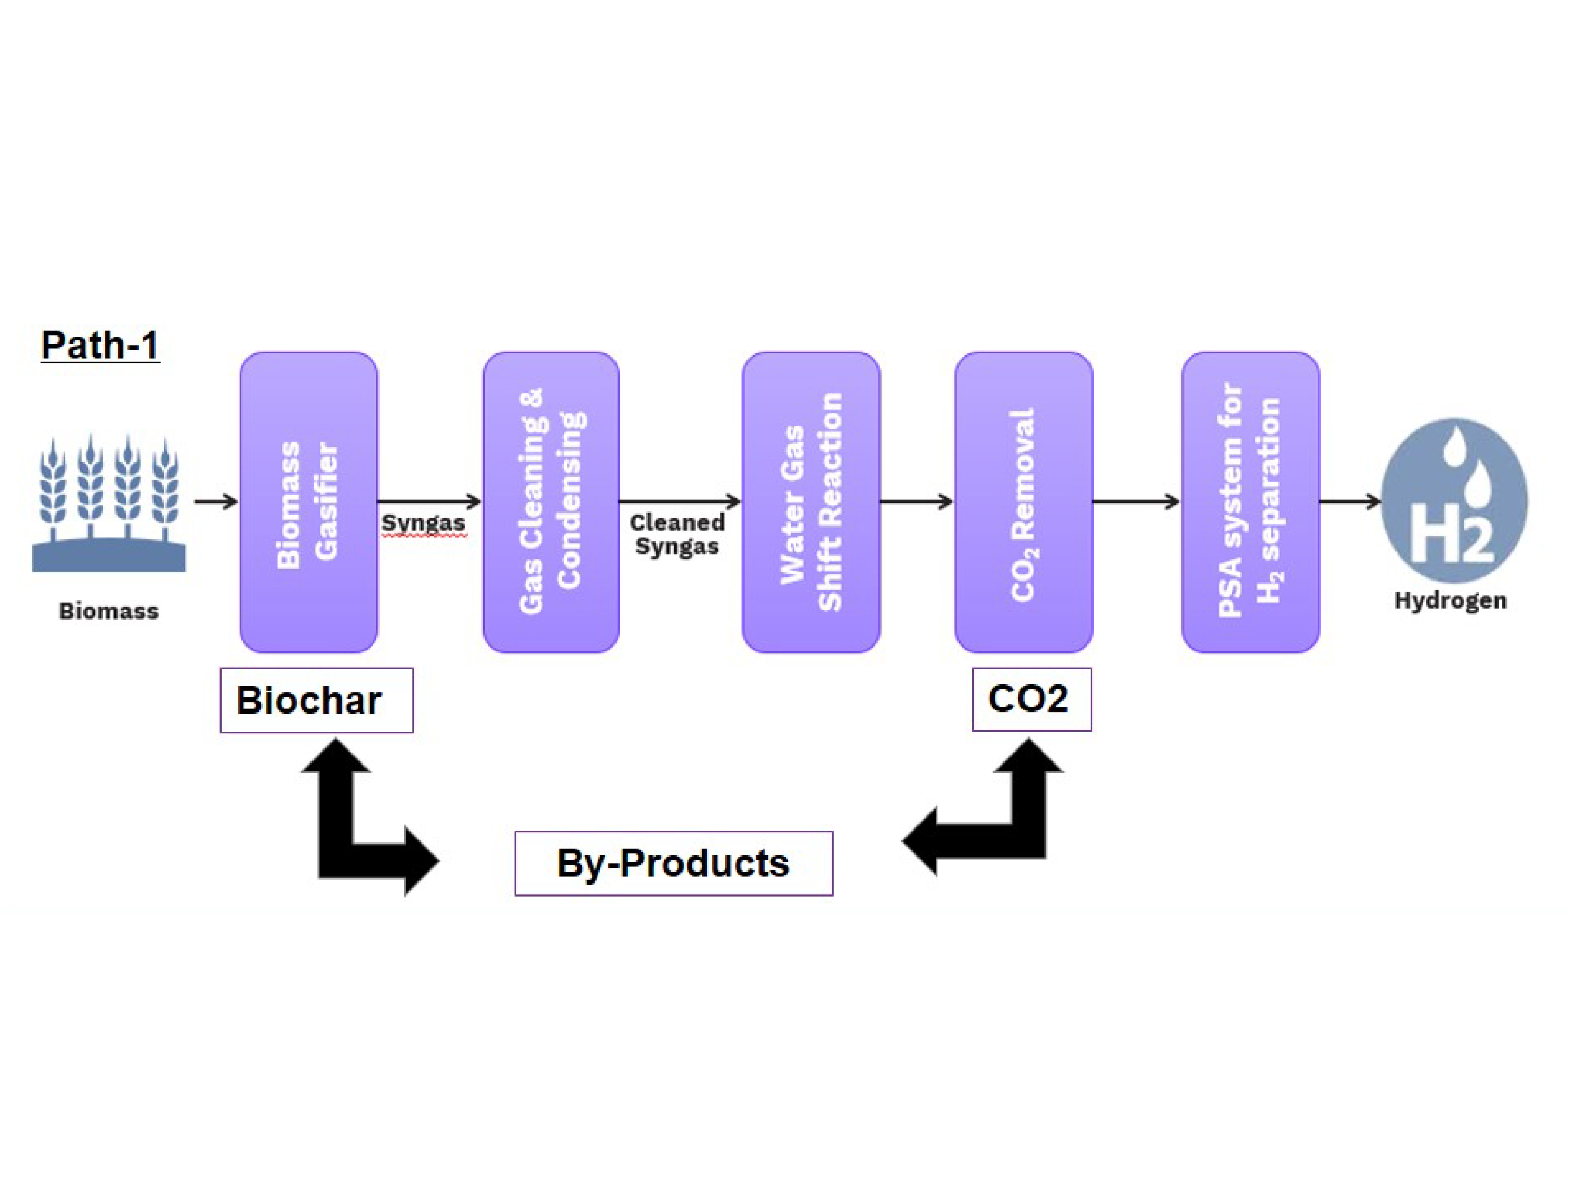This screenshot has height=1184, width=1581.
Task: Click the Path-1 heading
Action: pyautogui.click(x=100, y=345)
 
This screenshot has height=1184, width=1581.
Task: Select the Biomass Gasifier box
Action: pyautogui.click(x=309, y=502)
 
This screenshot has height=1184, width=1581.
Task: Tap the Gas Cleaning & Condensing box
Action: pyautogui.click(x=551, y=502)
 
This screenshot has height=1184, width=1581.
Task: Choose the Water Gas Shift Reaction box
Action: pyautogui.click(x=811, y=502)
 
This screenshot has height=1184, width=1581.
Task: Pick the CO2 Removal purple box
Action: pyautogui.click(x=1023, y=502)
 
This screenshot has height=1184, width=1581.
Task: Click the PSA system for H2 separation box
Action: pyautogui.click(x=1250, y=502)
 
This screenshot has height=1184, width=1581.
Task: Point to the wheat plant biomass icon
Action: pyautogui.click(x=108, y=504)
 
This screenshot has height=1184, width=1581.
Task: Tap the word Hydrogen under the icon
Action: pyautogui.click(x=1450, y=600)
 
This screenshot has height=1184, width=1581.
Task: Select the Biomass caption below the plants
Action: pyautogui.click(x=108, y=611)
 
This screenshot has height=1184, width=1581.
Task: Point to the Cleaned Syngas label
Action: pyautogui.click(x=677, y=534)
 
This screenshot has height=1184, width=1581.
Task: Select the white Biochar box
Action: pyautogui.click(x=316, y=700)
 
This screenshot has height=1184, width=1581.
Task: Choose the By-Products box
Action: pyautogui.click(x=673, y=863)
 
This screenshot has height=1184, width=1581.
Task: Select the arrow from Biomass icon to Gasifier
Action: pyautogui.click(x=216, y=502)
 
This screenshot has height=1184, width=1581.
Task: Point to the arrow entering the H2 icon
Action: pyautogui.click(x=1349, y=502)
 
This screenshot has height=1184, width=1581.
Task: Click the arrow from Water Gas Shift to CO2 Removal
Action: pyautogui.click(x=916, y=502)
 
